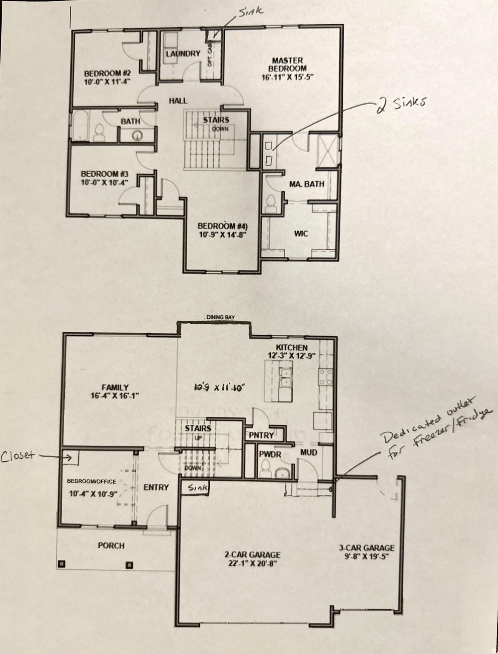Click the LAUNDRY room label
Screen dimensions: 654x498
coord(183,54)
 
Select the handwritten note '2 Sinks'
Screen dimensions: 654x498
coord(400,104)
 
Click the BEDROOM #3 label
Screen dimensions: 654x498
coord(105,174)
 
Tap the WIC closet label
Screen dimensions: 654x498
coord(301,233)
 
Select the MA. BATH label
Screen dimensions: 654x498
coord(306,184)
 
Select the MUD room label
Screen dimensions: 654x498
coord(309,452)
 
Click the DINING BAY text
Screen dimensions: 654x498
coord(220,317)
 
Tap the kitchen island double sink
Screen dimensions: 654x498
coord(285,377)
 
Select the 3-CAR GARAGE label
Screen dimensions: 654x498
coord(366,548)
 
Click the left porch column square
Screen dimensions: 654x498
coord(62,564)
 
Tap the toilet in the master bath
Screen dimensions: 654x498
coord(271,204)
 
